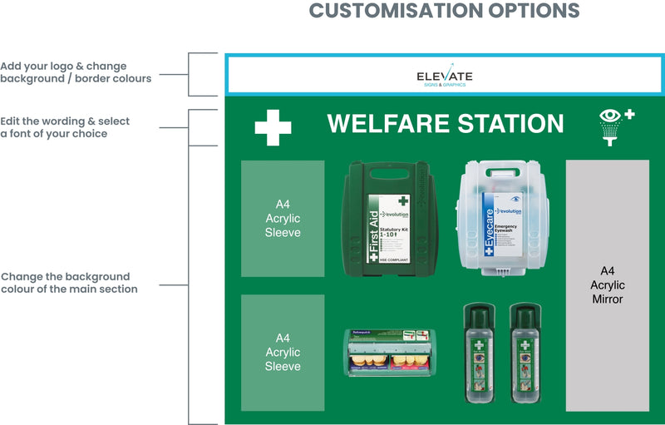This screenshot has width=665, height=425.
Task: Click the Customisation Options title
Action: pos(444,11)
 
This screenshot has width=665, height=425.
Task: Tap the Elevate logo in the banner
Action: pos(444,77)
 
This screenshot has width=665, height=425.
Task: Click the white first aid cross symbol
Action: pos(273,128)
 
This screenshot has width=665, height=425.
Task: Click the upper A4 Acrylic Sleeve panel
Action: pos(283,219)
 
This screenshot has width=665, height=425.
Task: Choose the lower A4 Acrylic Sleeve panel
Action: pos(283,352)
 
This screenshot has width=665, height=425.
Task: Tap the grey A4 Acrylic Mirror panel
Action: pos(607,285)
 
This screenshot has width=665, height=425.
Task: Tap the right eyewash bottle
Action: pos(525,353)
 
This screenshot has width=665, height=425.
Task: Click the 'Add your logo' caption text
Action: pos(76,72)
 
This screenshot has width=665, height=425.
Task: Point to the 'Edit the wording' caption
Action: pos(66,127)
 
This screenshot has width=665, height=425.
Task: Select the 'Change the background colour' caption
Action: pos(69,283)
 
